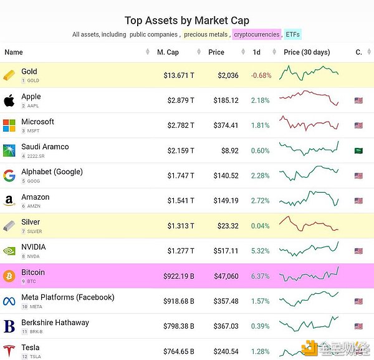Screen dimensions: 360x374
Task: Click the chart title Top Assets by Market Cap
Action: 187,21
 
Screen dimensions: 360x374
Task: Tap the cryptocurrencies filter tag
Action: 257,35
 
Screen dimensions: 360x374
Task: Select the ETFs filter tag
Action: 292,35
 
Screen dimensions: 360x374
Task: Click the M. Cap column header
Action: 168,52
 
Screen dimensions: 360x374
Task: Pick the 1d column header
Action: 256,52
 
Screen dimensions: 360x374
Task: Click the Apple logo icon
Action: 9,100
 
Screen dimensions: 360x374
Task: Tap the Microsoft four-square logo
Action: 9,125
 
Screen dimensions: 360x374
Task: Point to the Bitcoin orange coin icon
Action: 9,276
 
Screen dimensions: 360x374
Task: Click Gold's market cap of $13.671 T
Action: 179,75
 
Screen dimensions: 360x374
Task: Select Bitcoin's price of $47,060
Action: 225,276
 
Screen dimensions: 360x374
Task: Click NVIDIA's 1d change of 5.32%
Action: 260,251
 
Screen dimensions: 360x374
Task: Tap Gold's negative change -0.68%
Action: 261,75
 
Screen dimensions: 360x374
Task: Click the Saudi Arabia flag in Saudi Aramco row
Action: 358,150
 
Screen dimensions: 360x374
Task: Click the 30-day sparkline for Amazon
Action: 309,200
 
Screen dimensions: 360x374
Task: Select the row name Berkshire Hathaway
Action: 55,323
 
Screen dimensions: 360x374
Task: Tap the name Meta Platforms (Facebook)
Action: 67,298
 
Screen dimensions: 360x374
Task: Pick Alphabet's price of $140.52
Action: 225,175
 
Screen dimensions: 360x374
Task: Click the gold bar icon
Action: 9,75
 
